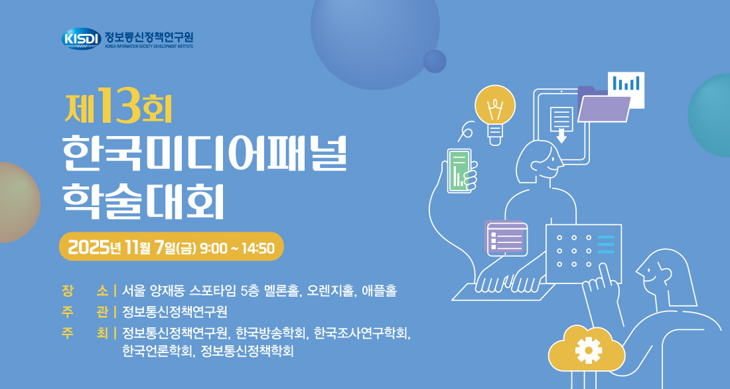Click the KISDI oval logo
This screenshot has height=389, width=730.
point(81,39)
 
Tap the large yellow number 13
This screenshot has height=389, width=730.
point(120,106)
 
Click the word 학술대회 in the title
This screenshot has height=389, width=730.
point(143,202)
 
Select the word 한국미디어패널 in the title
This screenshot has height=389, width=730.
point(205,153)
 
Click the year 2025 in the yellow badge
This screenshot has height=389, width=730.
point(88,248)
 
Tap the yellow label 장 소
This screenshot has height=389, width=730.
point(85,291)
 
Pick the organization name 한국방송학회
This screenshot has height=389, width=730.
point(271,333)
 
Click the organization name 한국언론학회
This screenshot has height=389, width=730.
point(157,350)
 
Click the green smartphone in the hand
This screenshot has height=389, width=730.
point(459,171)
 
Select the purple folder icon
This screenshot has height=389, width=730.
point(603,104)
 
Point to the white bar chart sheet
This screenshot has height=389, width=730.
point(626,90)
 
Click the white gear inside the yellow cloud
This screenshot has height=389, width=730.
point(589,350)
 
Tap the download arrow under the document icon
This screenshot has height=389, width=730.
point(562,137)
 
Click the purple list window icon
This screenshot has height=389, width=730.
point(506,238)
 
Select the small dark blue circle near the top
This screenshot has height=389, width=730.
point(435,61)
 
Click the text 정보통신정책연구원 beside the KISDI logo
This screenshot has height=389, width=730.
point(149,37)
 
